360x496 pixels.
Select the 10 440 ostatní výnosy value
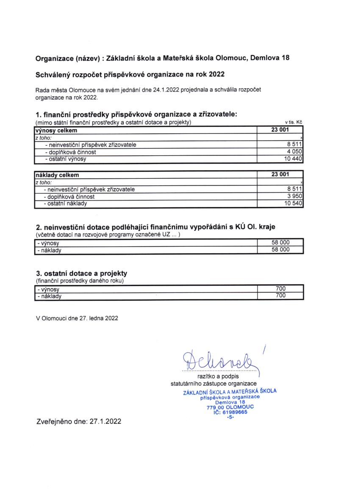(x=293, y=159)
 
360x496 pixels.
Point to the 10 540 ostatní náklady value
(x=293, y=203)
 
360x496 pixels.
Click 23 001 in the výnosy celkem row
(x=280, y=130)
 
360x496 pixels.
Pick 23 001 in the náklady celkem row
(x=280, y=175)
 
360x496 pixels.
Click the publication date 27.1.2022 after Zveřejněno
(x=106, y=421)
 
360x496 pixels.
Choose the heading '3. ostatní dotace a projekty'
(x=82, y=273)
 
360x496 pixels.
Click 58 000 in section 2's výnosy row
(x=280, y=243)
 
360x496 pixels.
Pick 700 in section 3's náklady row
(x=280, y=296)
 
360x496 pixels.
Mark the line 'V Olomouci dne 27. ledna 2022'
(x=77, y=318)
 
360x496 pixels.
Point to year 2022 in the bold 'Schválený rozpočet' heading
(x=215, y=74)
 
